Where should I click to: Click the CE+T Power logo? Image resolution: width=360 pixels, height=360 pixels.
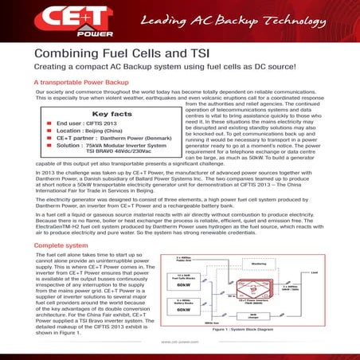(x=65, y=21)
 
